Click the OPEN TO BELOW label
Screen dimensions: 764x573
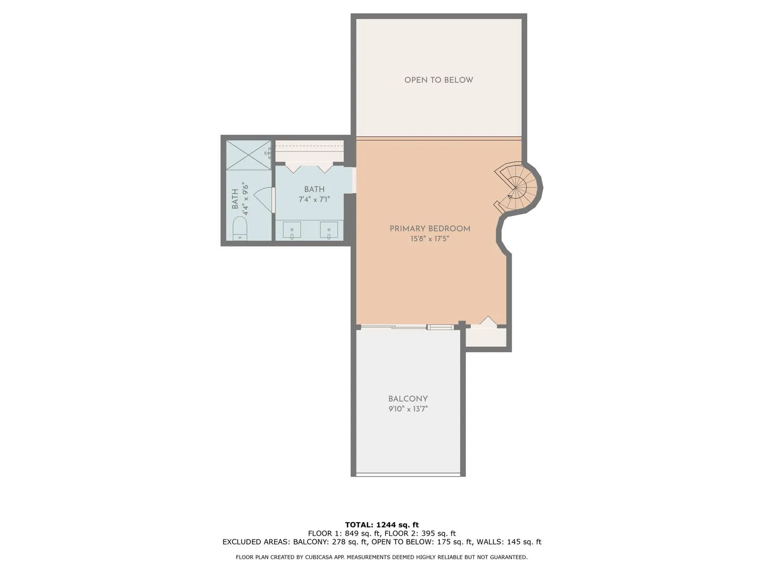point(439,80)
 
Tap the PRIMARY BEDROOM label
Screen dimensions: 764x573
point(430,229)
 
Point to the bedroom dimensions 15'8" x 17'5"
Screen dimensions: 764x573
point(430,239)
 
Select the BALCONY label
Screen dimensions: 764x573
point(408,398)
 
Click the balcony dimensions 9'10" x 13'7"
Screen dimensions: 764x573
point(408,409)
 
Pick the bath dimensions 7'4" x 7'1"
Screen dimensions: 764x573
point(314,199)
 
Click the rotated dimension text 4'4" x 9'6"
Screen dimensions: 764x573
point(246,198)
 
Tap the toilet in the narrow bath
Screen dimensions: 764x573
point(240,228)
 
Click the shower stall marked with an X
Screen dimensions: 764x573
point(248,155)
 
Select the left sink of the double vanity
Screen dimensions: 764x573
point(292,230)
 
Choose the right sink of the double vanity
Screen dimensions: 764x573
point(329,230)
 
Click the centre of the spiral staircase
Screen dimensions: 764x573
point(516,188)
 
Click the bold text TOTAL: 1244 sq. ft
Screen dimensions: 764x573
point(382,525)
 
